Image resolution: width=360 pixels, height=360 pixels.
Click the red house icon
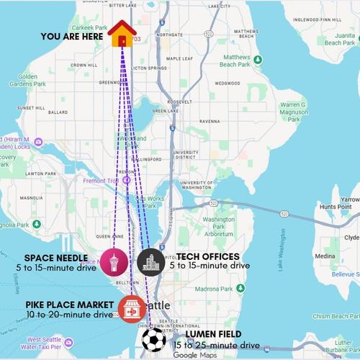click(122, 33)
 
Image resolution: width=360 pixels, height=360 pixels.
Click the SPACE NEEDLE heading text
click(55, 257)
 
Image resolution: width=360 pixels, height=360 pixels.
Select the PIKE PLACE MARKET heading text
click(70, 305)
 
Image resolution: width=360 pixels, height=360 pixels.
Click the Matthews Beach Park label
click(236, 60)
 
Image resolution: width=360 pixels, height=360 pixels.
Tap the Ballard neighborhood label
click(58, 112)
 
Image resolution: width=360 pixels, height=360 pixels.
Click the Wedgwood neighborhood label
click(226, 82)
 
